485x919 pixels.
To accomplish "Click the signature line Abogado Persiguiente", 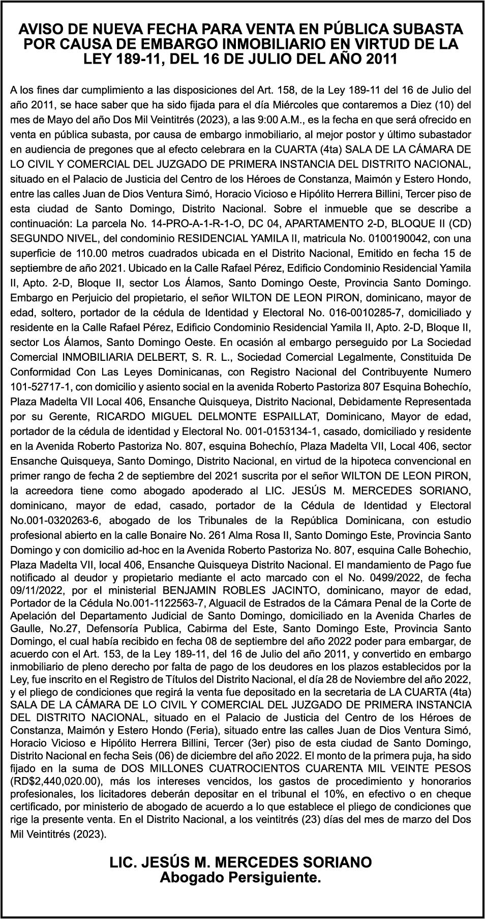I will coord(240,877).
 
